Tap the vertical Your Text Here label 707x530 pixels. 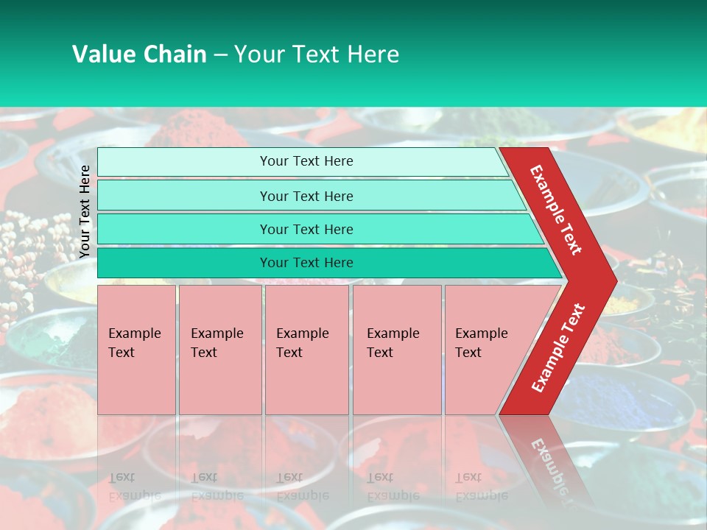[x=85, y=211]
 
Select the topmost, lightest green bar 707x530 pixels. [x=306, y=161]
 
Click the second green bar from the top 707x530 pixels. [x=306, y=196]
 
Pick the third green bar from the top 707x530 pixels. [x=306, y=229]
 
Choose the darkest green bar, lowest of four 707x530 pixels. [x=306, y=263]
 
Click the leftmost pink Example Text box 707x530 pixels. [x=136, y=350]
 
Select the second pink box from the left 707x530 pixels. [x=219, y=350]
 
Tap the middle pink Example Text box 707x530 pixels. [x=306, y=350]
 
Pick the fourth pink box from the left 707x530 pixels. [x=397, y=350]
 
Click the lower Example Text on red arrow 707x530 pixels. [x=558, y=348]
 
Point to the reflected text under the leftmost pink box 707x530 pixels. [x=135, y=486]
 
